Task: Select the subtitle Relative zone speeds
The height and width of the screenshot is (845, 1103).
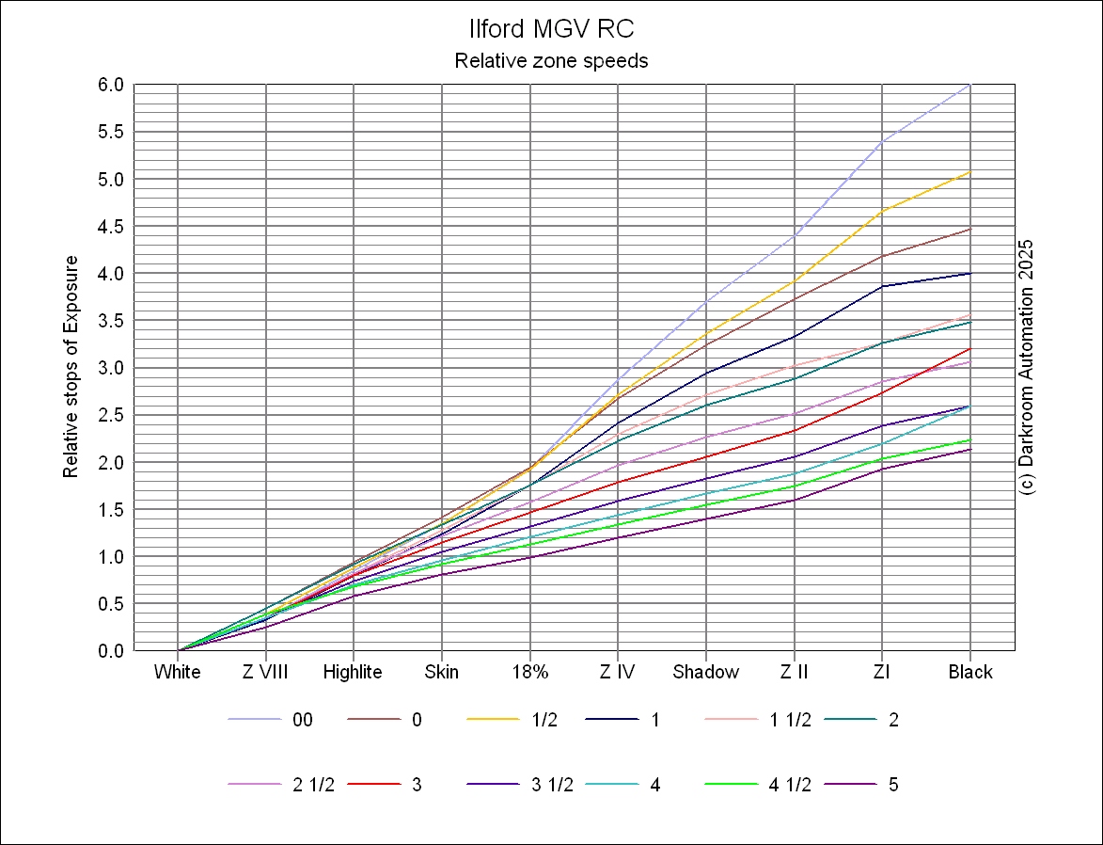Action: pyautogui.click(x=551, y=61)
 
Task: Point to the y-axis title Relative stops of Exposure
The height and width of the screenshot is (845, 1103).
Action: pyautogui.click(x=71, y=367)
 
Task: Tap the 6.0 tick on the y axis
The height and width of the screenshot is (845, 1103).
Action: pyautogui.click(x=112, y=85)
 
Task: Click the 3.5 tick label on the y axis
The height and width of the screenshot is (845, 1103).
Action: pyautogui.click(x=112, y=321)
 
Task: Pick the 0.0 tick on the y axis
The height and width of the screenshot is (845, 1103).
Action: pyautogui.click(x=112, y=650)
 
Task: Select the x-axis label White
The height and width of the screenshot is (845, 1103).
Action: pyautogui.click(x=178, y=672)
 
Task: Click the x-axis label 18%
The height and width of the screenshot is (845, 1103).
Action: pyautogui.click(x=530, y=672)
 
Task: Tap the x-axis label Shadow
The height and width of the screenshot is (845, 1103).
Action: pyautogui.click(x=706, y=672)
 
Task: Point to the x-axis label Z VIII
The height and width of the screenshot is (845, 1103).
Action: pyautogui.click(x=265, y=672)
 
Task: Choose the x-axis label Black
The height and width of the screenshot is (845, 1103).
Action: pyautogui.click(x=970, y=672)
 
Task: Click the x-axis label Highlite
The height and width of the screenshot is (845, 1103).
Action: pyautogui.click(x=353, y=672)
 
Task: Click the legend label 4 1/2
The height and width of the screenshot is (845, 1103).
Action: pyautogui.click(x=790, y=785)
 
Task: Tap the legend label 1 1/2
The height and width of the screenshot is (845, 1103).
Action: pyautogui.click(x=790, y=720)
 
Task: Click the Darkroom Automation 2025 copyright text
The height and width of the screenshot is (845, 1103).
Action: pyautogui.click(x=1026, y=367)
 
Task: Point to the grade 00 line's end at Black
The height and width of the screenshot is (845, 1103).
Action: pyautogui.click(x=969, y=85)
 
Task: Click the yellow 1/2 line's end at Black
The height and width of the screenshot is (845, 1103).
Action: pyautogui.click(x=969, y=172)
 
